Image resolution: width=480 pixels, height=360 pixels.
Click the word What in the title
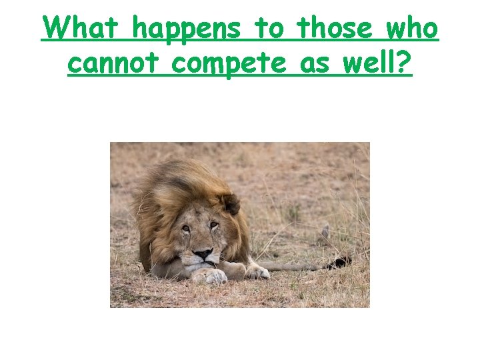tap(83, 29)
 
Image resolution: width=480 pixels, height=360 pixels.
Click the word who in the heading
tap(413, 29)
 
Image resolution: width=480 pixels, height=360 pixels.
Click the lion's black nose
tap(203, 254)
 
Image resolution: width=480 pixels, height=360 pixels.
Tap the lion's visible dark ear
tap(231, 203)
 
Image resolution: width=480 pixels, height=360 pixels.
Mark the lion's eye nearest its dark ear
tap(213, 226)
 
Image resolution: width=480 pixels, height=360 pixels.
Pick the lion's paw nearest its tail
tap(256, 271)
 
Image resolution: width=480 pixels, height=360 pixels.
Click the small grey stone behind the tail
tap(324, 232)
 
